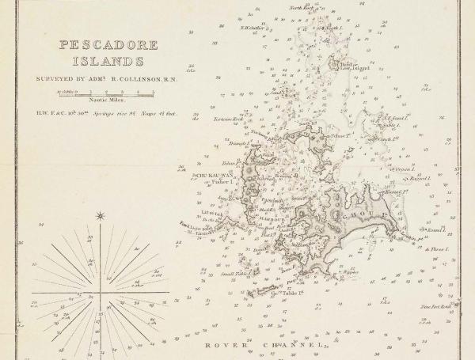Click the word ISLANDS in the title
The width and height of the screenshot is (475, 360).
tap(101, 60)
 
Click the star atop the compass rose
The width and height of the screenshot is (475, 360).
tap(100, 215)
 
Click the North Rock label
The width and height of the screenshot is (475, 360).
tap(301, 7)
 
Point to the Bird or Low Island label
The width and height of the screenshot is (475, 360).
tap(351, 66)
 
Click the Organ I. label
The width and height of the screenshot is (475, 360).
tap(406, 169)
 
